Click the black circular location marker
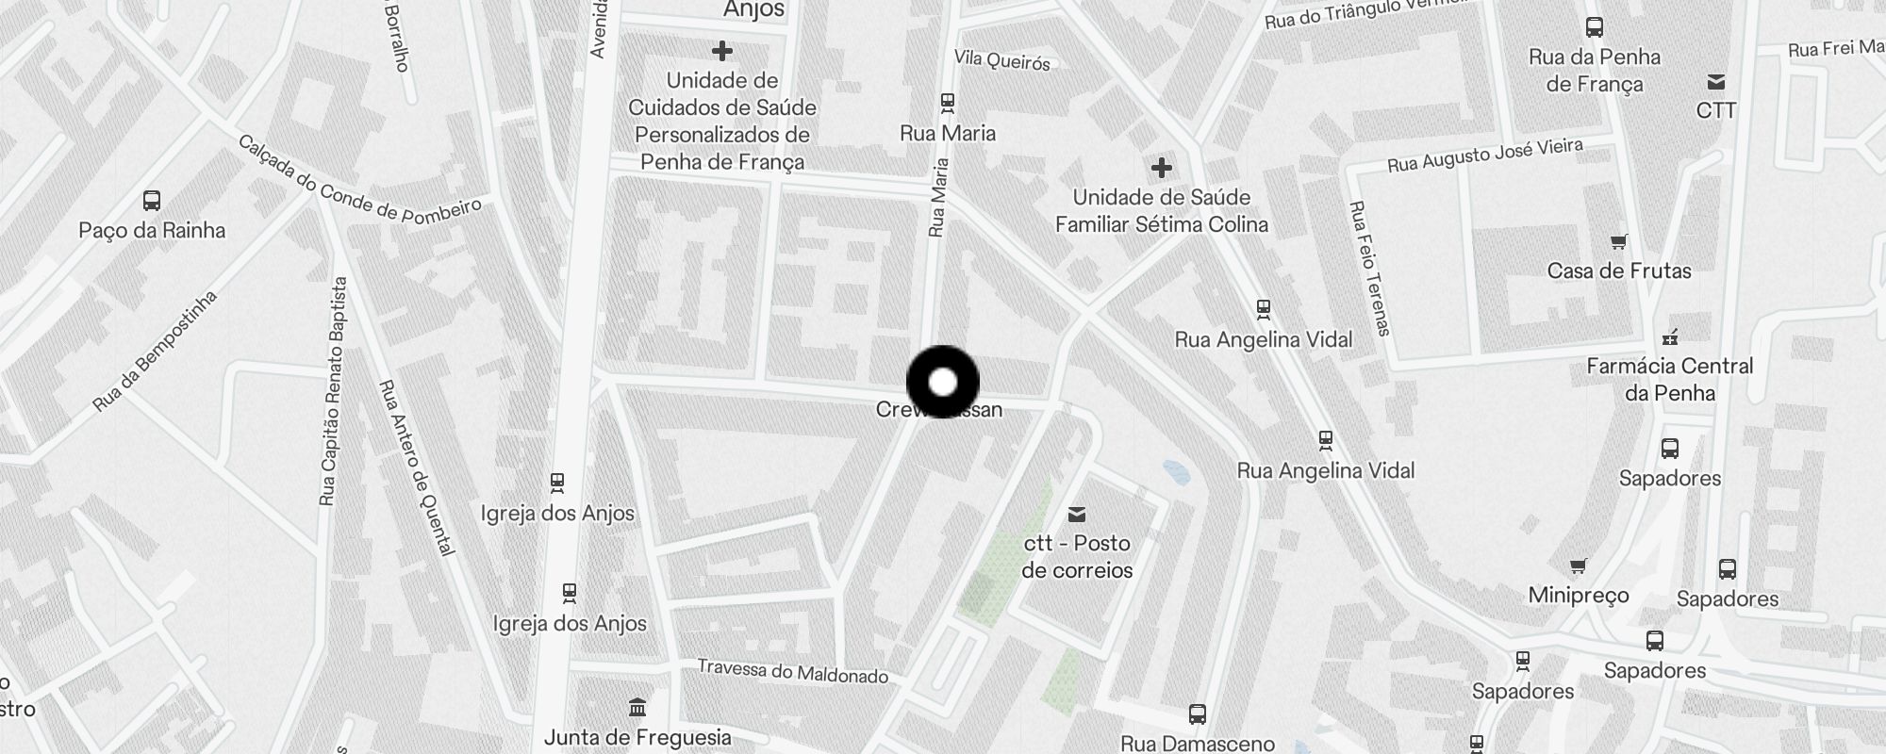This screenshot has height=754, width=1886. (943, 382)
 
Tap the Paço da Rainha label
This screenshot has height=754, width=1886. (152, 231)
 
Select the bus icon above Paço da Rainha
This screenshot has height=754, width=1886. (152, 201)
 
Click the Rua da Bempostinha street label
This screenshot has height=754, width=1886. (156, 351)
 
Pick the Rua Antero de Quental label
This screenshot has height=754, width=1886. (416, 467)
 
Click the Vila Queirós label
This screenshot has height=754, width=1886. (1001, 60)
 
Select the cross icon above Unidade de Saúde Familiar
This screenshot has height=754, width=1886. (1162, 169)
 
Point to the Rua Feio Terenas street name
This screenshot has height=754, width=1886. (1369, 268)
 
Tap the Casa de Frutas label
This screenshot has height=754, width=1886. (1619, 271)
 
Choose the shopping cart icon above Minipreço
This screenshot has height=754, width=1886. (1578, 565)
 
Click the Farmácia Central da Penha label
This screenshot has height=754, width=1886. (1669, 379)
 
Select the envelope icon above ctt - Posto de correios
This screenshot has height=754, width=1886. (1076, 515)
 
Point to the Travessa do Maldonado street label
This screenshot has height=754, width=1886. (792, 671)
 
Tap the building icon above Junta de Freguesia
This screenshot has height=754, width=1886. (637, 707)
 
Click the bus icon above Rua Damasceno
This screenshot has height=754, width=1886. (1198, 714)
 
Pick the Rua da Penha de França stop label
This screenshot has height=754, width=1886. (1595, 71)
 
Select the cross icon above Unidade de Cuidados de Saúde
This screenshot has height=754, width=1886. (722, 51)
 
